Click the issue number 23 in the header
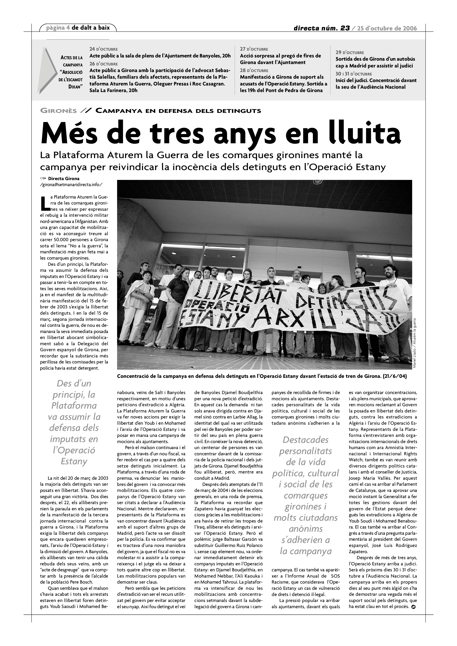(345, 28)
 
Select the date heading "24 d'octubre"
(103, 49)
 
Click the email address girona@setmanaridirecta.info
(71, 185)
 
